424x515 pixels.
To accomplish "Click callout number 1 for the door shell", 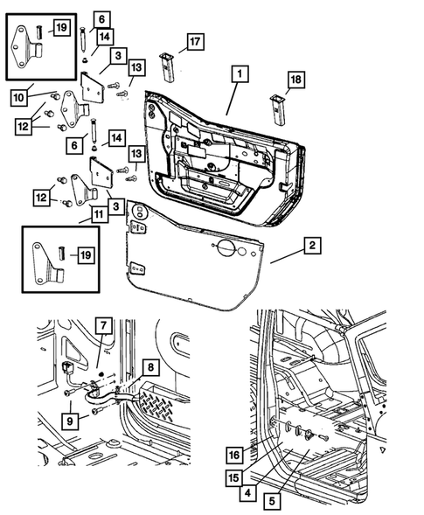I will point(235,76).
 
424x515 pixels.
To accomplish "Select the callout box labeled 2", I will point(310,247).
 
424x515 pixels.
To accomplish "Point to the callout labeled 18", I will point(297,80).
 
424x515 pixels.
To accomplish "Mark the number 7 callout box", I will point(102,329).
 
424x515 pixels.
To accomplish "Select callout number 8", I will point(151,367).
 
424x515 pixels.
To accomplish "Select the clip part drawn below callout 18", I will point(278,107).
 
